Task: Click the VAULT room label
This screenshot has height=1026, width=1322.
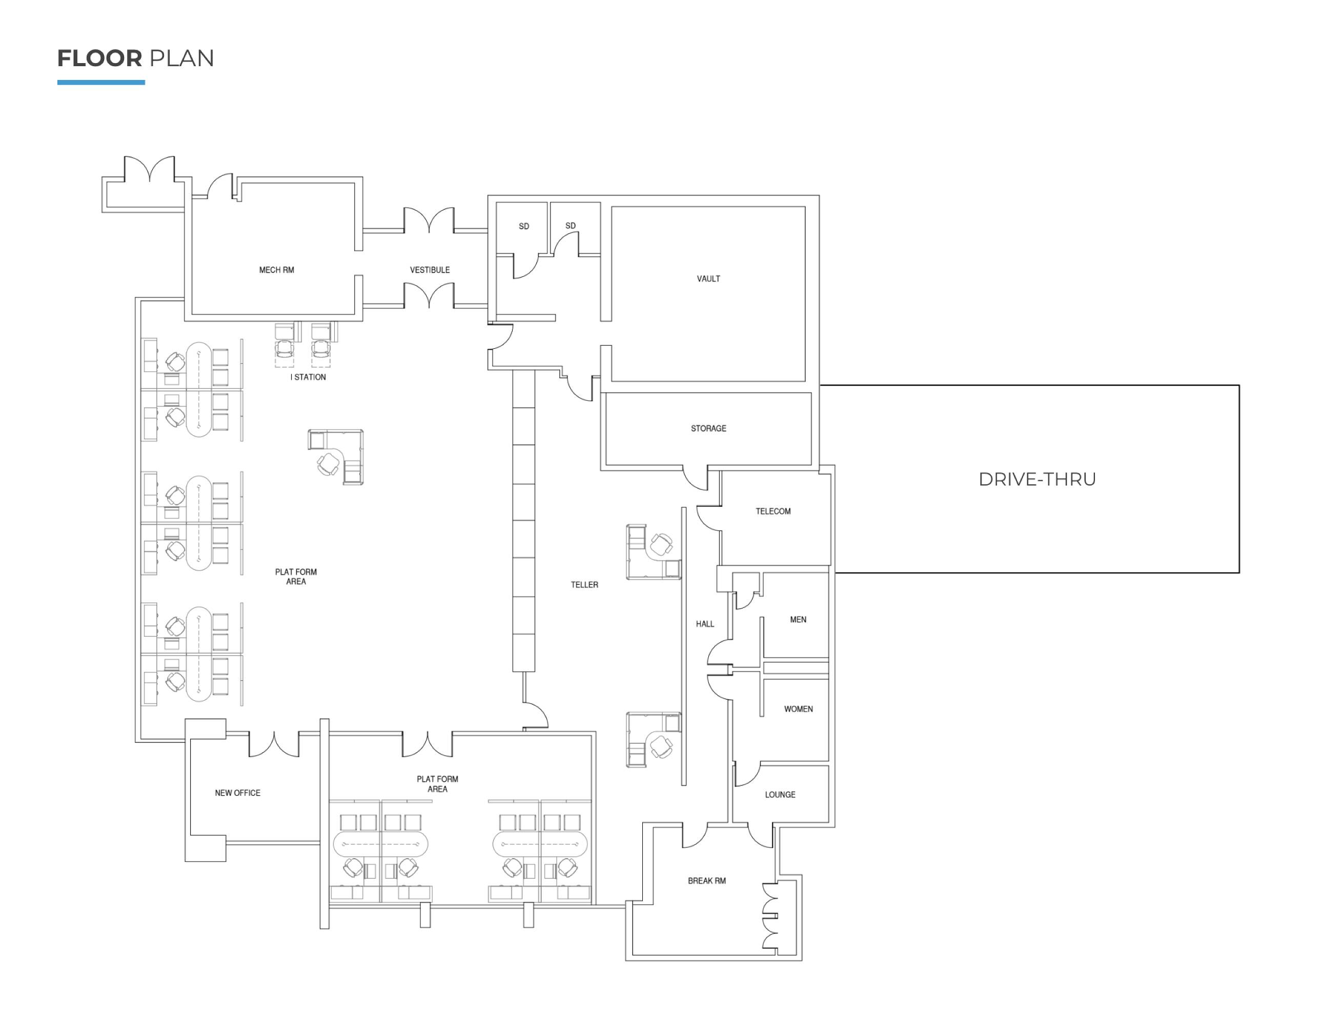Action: point(708,279)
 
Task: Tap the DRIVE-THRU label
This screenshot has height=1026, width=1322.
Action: point(1037,479)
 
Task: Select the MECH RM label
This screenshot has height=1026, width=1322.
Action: point(277,270)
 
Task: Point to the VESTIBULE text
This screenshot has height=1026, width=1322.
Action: point(430,270)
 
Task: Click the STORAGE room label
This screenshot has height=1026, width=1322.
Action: point(708,428)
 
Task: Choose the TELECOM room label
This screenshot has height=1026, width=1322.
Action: point(773,511)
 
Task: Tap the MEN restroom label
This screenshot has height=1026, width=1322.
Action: point(798,620)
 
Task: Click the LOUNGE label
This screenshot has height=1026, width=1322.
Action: point(780,795)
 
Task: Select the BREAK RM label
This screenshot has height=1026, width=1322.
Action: point(706,881)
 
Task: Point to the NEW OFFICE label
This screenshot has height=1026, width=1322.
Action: point(237,793)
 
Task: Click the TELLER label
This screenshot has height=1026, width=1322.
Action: point(584,585)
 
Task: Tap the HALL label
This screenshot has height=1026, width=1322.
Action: point(705,624)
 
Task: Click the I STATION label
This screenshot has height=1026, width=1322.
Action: point(308,378)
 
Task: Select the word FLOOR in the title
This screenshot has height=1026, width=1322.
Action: point(100,59)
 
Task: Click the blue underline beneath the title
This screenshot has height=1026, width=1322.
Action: point(101,83)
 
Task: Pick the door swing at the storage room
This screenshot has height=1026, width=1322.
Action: point(696,479)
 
